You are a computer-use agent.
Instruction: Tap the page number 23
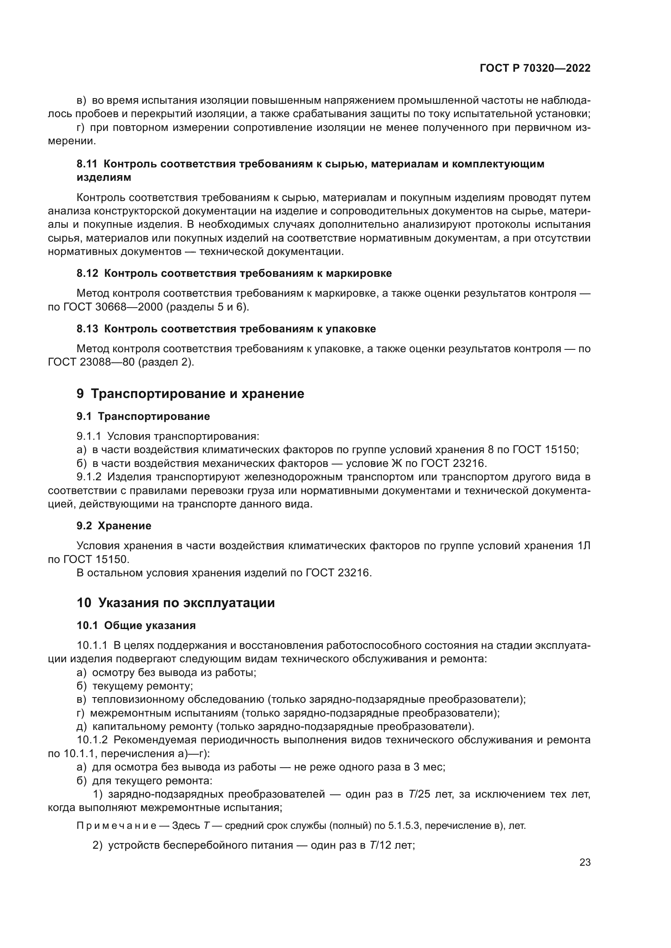point(585,862)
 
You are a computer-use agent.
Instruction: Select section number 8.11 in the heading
point(87,164)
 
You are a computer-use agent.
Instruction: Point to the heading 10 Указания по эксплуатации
point(176,603)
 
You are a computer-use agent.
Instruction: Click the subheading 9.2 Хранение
point(114,526)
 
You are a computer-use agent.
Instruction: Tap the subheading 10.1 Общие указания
point(136,625)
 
